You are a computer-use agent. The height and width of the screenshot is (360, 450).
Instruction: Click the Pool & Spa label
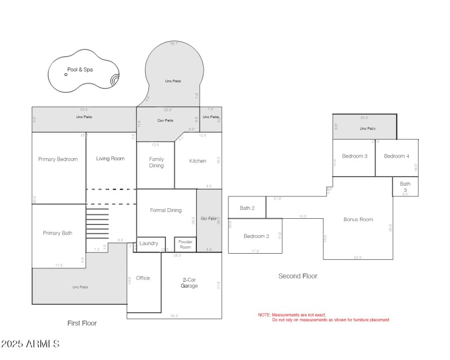click(80, 70)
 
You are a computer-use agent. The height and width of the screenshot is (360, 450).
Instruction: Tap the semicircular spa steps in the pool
click(115, 80)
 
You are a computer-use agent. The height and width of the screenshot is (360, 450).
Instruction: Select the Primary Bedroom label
click(58, 159)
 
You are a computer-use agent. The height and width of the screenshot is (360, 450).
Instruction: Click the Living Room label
click(110, 159)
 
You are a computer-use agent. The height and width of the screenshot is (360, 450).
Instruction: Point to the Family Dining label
click(156, 163)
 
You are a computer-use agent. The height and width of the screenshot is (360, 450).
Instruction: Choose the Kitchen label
click(197, 161)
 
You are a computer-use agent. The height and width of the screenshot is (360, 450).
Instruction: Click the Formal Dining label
click(166, 210)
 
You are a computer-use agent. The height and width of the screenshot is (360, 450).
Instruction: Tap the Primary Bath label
click(58, 233)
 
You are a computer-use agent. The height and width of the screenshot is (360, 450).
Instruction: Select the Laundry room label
click(149, 244)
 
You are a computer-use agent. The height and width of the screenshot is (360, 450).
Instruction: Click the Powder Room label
click(186, 244)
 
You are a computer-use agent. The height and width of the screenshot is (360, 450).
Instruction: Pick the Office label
click(143, 278)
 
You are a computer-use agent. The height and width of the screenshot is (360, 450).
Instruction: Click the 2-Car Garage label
click(190, 282)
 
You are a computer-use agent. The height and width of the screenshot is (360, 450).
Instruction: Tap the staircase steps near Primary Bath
click(97, 223)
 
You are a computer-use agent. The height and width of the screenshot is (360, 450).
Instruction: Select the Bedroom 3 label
click(355, 156)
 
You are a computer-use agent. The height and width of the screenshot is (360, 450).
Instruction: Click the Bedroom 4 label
click(397, 156)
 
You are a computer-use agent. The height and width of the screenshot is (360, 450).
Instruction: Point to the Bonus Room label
click(358, 219)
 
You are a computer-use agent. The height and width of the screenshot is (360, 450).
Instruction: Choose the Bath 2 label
click(247, 208)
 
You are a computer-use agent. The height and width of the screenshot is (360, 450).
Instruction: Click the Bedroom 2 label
click(256, 236)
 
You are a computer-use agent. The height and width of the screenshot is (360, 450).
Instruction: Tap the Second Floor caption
click(298, 276)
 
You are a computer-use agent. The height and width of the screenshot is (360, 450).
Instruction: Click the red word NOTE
click(264, 315)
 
